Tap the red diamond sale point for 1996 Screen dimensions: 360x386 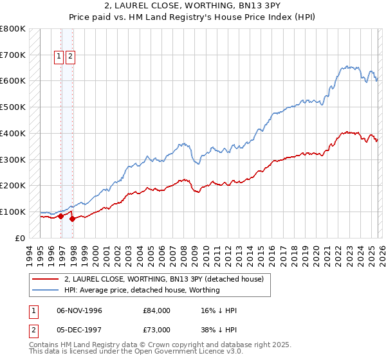click(x=61, y=216)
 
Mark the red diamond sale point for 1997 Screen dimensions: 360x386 click(x=73, y=219)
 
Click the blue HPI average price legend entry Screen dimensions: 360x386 click(x=142, y=290)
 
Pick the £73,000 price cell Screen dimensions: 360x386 click(x=157, y=328)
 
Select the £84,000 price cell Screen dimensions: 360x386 click(x=157, y=310)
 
